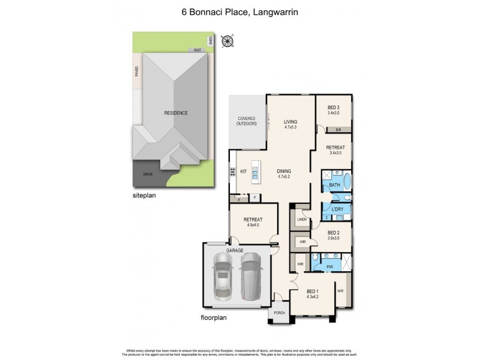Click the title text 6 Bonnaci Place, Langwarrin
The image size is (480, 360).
click(x=240, y=10)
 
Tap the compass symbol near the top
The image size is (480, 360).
click(x=227, y=41)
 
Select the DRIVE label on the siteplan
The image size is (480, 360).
click(x=147, y=174)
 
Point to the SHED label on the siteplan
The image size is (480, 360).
click(x=211, y=41)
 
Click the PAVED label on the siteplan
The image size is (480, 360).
click(x=137, y=73)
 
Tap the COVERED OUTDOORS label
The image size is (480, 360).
click(x=247, y=121)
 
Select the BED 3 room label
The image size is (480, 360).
click(x=334, y=110)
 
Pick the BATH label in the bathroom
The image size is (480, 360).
click(x=335, y=186)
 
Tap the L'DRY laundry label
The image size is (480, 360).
click(x=336, y=209)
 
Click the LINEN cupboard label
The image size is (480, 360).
click(x=302, y=220)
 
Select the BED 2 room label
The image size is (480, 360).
click(x=334, y=235)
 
